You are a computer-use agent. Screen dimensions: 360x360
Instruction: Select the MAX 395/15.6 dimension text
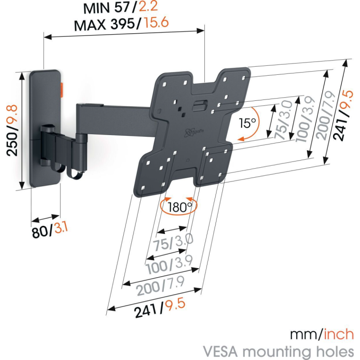(121, 23)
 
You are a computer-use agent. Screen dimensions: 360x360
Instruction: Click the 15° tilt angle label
(247, 122)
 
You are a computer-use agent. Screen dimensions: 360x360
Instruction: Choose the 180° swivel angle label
(180, 207)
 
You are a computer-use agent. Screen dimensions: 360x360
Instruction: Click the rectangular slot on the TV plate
(201, 107)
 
